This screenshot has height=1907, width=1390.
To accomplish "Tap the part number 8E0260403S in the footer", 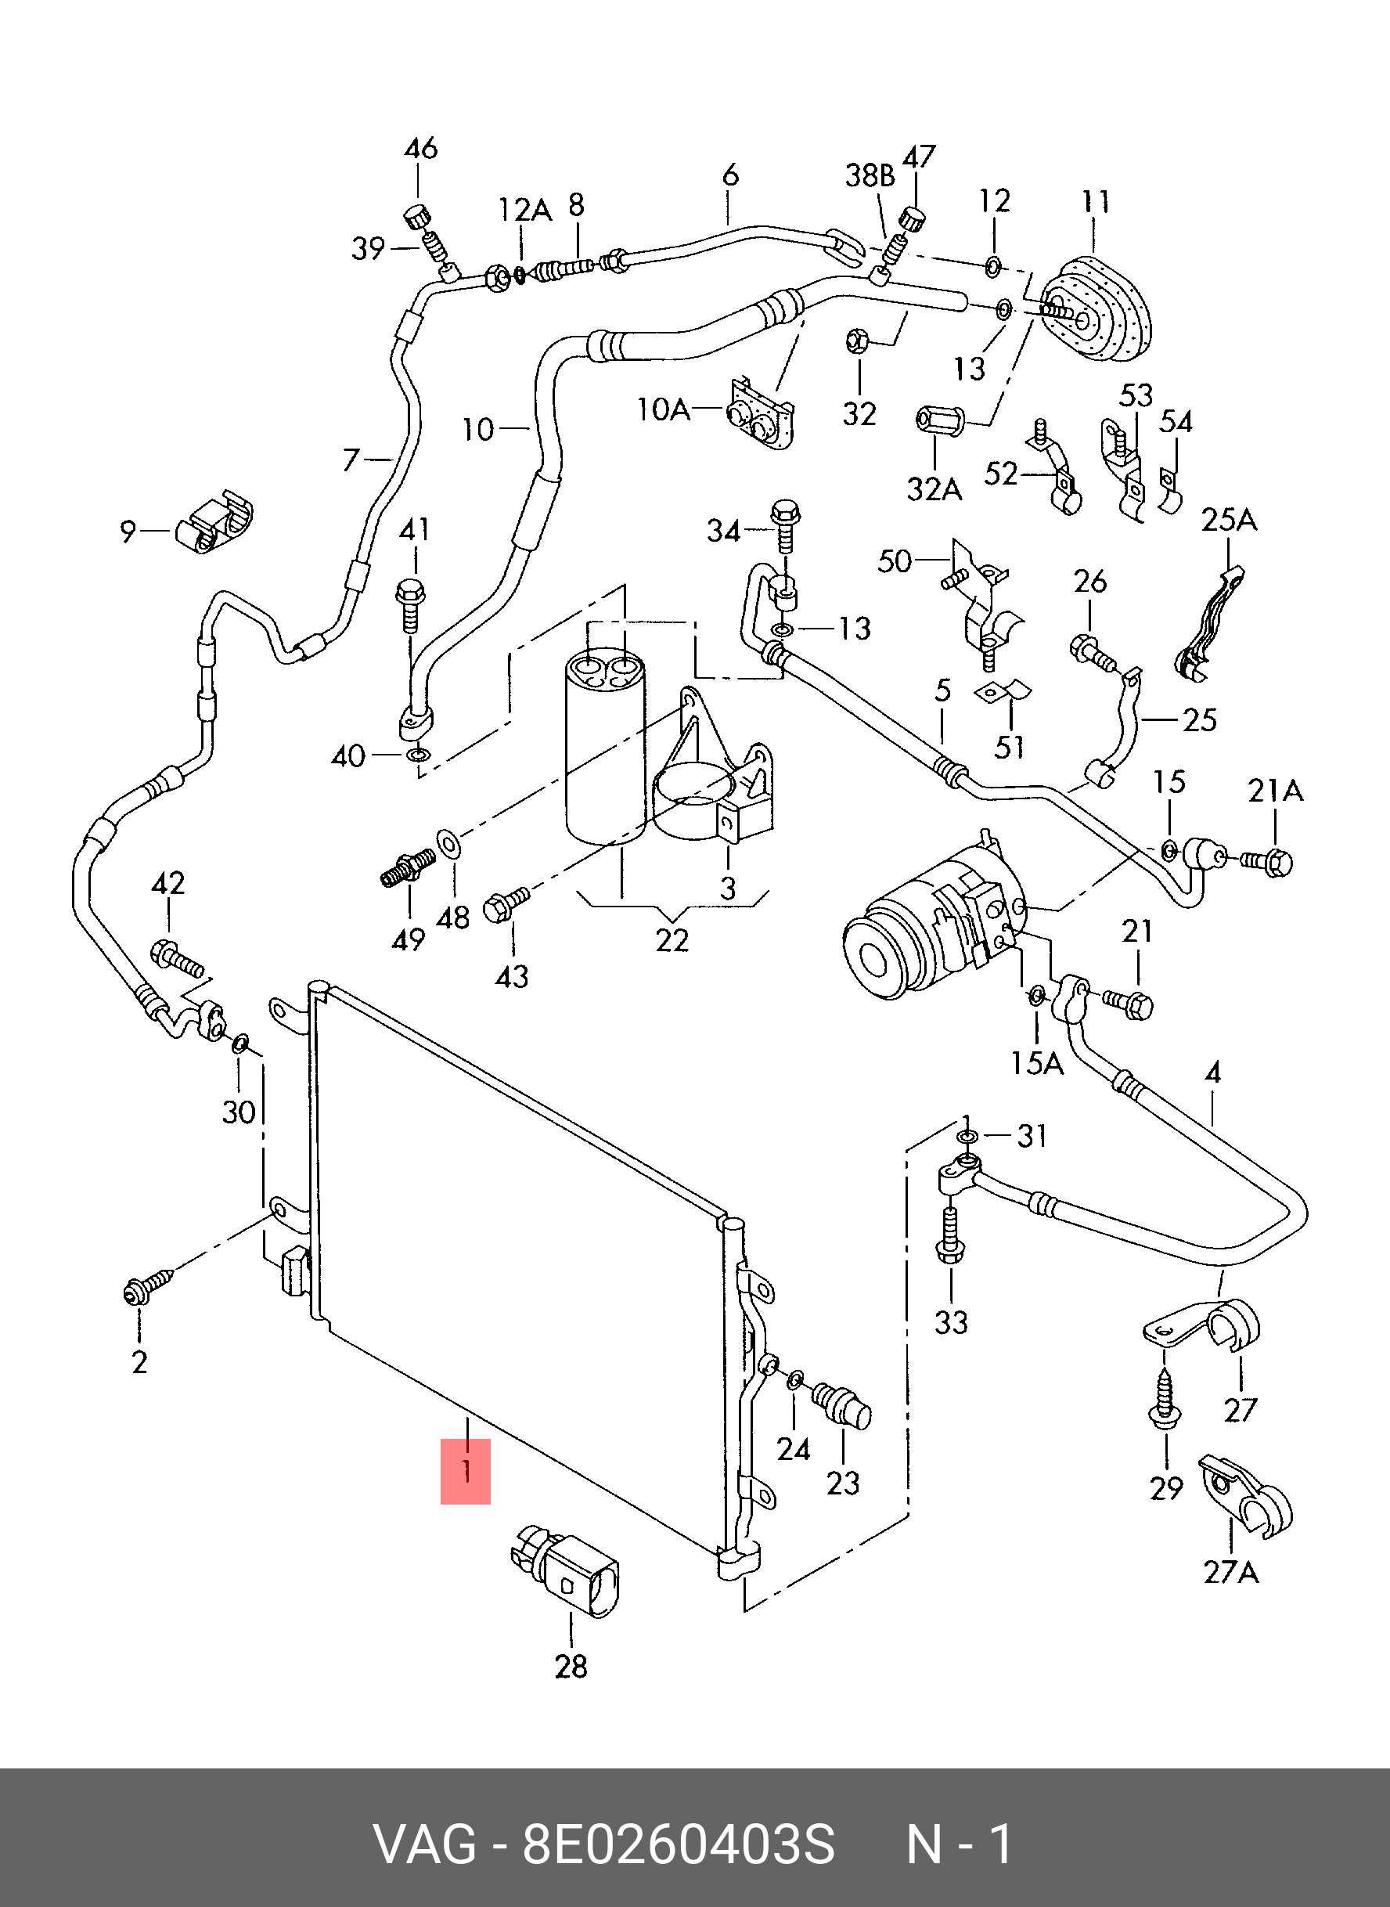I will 678,1844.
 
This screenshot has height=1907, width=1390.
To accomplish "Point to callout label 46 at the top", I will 421,149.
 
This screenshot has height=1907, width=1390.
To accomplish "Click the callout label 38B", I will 870,175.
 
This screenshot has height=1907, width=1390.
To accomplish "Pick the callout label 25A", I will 1229,520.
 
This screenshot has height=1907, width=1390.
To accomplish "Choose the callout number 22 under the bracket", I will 672,940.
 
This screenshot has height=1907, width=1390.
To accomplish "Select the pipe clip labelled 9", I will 214,524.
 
